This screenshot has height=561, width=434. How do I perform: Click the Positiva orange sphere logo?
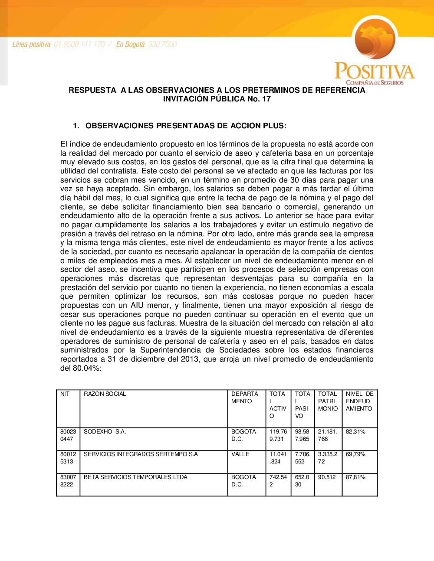(x=375, y=39)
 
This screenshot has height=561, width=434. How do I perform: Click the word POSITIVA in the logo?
(x=374, y=71)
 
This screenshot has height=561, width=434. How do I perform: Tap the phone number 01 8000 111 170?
(x=79, y=44)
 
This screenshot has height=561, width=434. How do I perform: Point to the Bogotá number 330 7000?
(x=162, y=44)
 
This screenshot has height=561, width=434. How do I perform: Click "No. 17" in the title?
(x=259, y=99)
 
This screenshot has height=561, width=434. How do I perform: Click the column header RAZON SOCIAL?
(x=105, y=394)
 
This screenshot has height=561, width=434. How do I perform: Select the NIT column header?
(x=65, y=394)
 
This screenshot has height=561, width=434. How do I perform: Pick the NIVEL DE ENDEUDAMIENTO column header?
(x=359, y=401)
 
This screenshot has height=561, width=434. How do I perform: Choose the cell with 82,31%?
(x=355, y=431)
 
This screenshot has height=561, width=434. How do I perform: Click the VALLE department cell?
(x=240, y=454)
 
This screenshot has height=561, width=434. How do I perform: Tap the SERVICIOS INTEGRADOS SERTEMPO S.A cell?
(x=141, y=454)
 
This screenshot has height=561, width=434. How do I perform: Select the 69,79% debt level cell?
(x=355, y=454)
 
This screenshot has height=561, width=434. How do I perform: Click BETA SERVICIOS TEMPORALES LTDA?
(x=135, y=477)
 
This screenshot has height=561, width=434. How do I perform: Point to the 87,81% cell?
(x=355, y=477)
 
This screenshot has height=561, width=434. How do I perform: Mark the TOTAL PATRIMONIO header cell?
(x=328, y=401)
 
